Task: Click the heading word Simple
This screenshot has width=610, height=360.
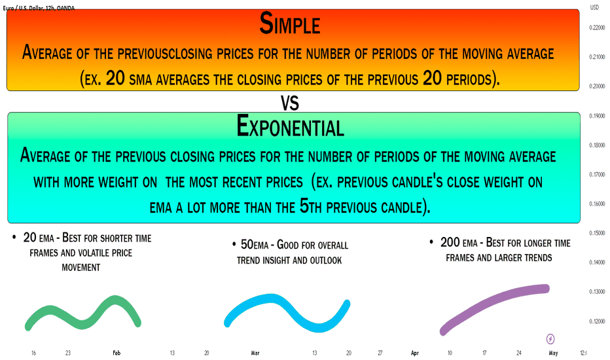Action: [290, 24]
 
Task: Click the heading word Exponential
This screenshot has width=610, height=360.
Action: [290, 126]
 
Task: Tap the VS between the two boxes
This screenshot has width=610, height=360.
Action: [290, 103]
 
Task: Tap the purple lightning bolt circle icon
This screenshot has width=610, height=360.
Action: [550, 339]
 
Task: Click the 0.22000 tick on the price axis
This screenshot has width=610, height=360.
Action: [597, 27]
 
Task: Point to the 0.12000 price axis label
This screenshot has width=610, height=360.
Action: [597, 321]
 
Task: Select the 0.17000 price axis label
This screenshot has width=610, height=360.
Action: [597, 174]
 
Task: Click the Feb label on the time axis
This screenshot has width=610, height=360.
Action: [117, 353]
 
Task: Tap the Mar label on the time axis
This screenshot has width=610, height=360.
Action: [255, 353]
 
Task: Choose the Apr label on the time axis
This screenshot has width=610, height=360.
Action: [415, 353]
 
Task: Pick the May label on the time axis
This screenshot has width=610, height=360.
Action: [553, 353]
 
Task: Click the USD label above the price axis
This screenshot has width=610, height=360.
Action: [594, 7]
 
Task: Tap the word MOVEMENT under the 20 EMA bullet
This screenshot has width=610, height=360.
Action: [81, 268]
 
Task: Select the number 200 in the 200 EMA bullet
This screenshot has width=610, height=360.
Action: [450, 242]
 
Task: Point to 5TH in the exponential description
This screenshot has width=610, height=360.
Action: [310, 207]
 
